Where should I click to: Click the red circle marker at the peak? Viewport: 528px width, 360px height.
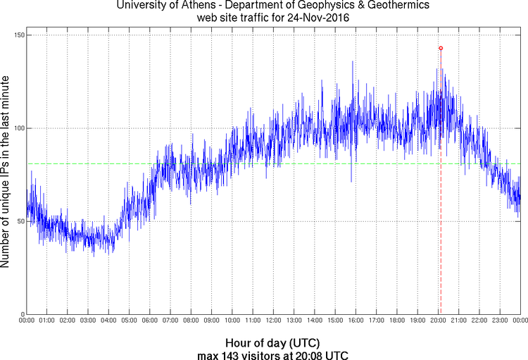[441, 48]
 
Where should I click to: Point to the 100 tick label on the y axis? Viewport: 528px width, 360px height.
[18, 128]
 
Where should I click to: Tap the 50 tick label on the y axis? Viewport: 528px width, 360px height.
[20, 221]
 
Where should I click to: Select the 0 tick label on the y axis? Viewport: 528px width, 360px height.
[22, 314]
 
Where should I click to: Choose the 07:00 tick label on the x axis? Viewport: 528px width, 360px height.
[170, 321]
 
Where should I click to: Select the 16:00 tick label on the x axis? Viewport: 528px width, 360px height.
[356, 321]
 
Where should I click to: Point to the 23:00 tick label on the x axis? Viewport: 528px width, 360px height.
[500, 321]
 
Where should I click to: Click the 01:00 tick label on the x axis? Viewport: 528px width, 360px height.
[46, 321]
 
